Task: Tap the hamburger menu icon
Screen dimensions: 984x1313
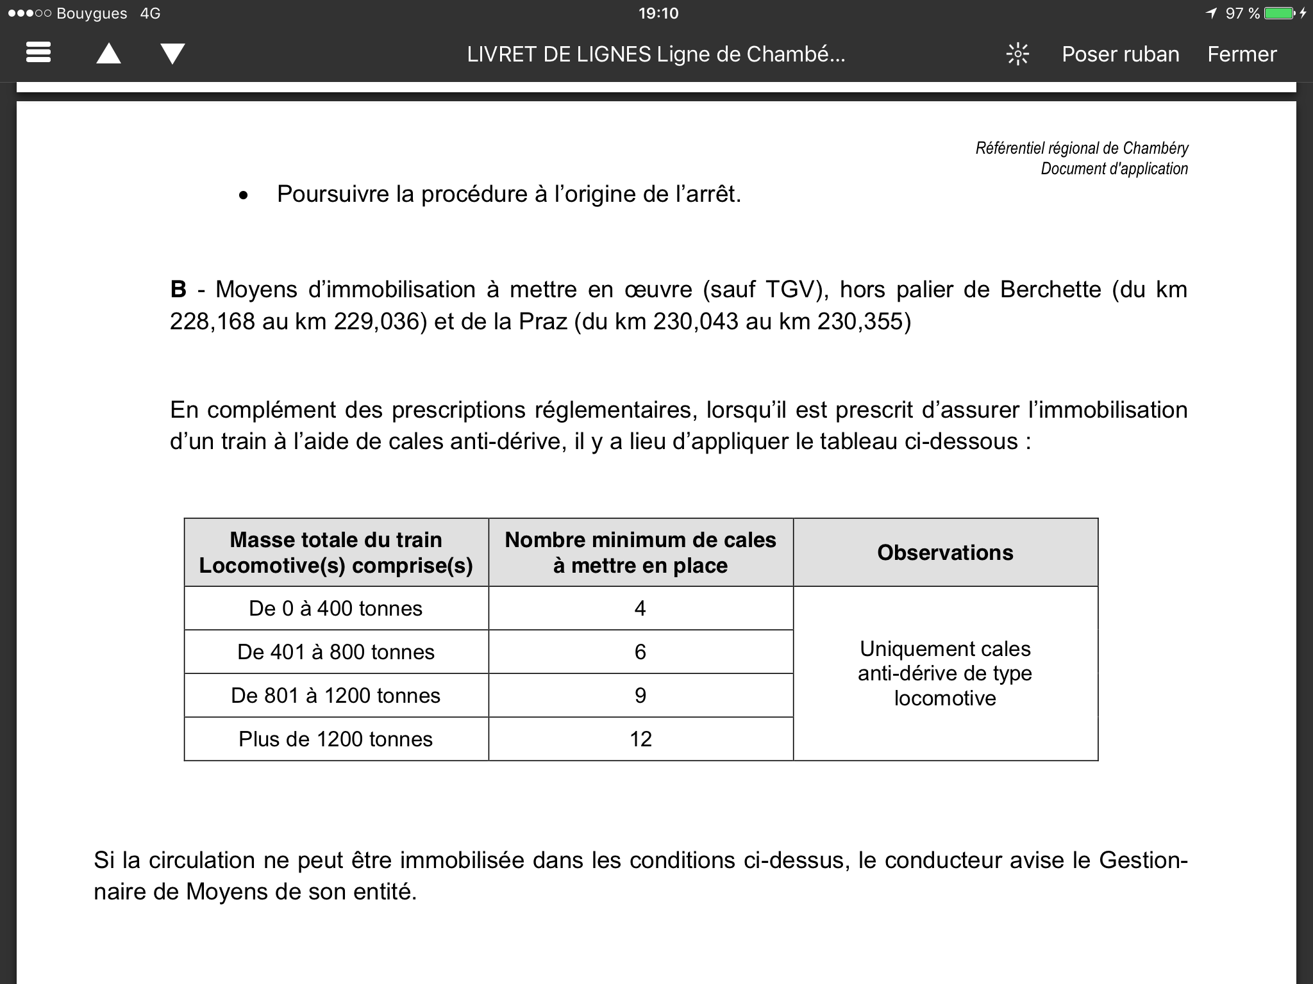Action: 38,53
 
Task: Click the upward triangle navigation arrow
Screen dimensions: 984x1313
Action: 108,53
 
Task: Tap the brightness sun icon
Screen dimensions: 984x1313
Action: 1017,54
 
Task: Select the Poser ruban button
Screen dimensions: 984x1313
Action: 1120,54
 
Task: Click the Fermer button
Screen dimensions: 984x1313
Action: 1242,54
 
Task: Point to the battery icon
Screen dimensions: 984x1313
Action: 1278,13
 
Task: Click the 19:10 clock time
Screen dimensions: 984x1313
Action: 658,13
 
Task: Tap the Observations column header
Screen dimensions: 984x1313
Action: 945,553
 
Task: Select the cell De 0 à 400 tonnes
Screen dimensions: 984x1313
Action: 336,609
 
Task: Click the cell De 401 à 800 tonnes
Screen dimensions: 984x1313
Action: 336,652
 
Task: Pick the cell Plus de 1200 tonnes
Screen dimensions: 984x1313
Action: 336,739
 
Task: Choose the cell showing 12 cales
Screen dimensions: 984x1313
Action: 640,739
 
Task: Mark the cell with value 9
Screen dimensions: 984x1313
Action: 640,696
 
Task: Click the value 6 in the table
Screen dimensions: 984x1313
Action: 640,652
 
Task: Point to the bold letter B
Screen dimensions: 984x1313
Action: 178,290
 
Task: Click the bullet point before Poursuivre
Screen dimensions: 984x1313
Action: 243,196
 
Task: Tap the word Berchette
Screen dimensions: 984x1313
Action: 1050,290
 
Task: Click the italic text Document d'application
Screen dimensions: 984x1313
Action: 1114,169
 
